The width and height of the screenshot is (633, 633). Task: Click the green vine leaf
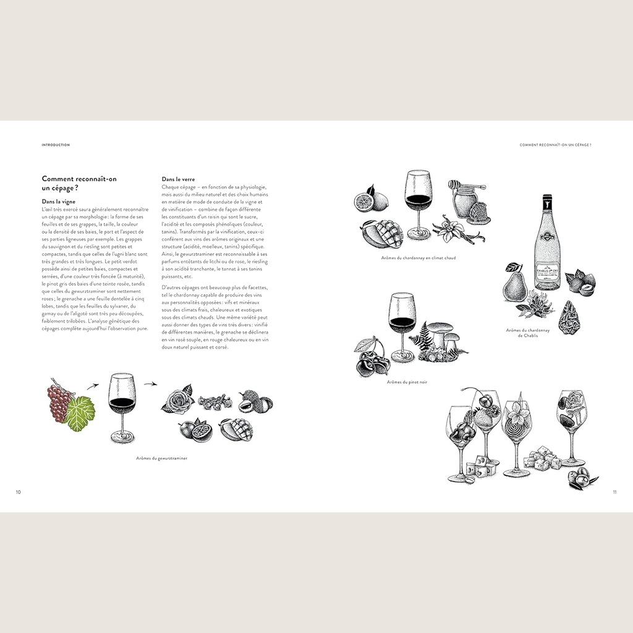81,414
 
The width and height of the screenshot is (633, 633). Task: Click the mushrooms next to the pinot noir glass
443,337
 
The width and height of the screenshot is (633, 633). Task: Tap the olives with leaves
582,479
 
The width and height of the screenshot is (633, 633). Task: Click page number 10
19,492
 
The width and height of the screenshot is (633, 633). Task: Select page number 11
614,492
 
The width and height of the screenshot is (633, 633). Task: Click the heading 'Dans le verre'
179,179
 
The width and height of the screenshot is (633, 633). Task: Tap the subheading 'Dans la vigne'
58,202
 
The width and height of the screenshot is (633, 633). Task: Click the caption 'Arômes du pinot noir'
407,382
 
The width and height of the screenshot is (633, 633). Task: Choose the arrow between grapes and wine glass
92,385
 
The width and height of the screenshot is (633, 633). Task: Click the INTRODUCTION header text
56,145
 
